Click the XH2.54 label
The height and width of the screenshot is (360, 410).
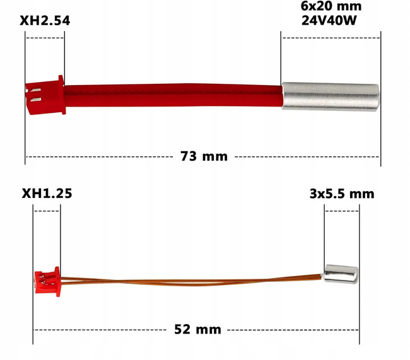pos(45,21)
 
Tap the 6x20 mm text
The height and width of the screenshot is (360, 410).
pos(331,6)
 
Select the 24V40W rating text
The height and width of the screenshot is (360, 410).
pos(329,20)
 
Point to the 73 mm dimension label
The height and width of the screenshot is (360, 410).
pos(204,156)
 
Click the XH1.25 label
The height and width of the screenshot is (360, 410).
pos(47,194)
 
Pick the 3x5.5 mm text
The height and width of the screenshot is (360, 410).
pos(342,194)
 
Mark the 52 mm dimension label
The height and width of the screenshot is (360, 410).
pos(197,329)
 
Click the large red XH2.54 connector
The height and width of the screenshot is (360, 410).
pos(45,95)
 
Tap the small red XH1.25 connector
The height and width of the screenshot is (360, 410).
pos(47,282)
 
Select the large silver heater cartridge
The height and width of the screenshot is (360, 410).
pos(331,96)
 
